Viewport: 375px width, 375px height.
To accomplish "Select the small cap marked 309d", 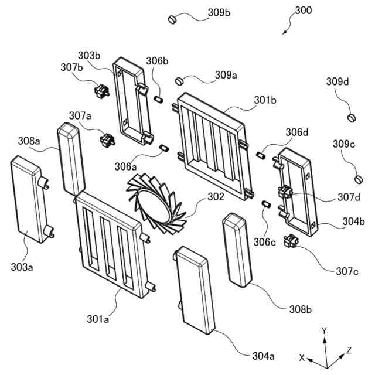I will [352, 117].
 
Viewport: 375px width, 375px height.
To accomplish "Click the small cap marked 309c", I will [357, 178].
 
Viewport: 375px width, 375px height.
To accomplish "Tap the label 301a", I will [98, 319].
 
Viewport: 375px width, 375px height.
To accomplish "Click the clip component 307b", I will [101, 91].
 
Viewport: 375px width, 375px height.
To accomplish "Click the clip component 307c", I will [290, 241].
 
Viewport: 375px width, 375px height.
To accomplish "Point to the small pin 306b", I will [157, 99].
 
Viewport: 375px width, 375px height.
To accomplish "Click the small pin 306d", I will [260, 155].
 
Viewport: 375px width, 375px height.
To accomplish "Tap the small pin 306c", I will [265, 204].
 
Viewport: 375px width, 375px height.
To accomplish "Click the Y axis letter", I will [323, 330].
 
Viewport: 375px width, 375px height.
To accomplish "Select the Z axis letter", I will [349, 350].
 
